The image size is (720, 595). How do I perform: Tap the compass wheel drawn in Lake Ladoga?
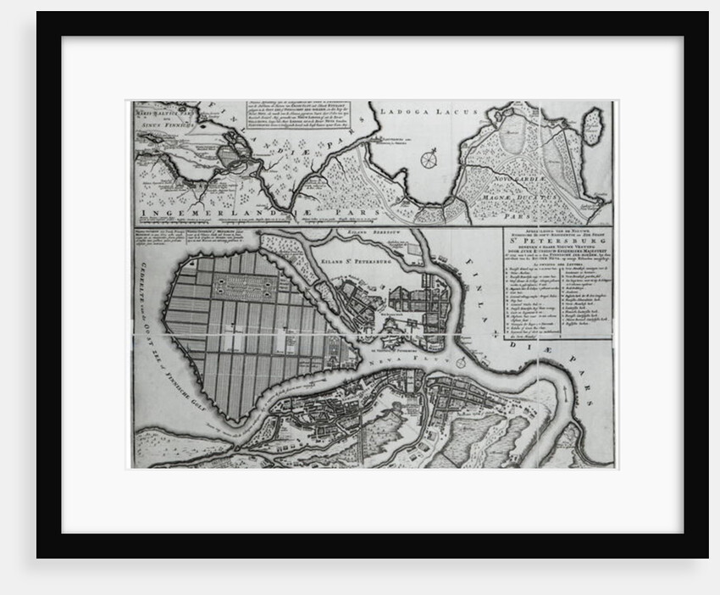430,158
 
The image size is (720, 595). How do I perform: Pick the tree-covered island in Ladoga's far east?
592,125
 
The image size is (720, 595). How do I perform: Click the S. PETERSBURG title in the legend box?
558,252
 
